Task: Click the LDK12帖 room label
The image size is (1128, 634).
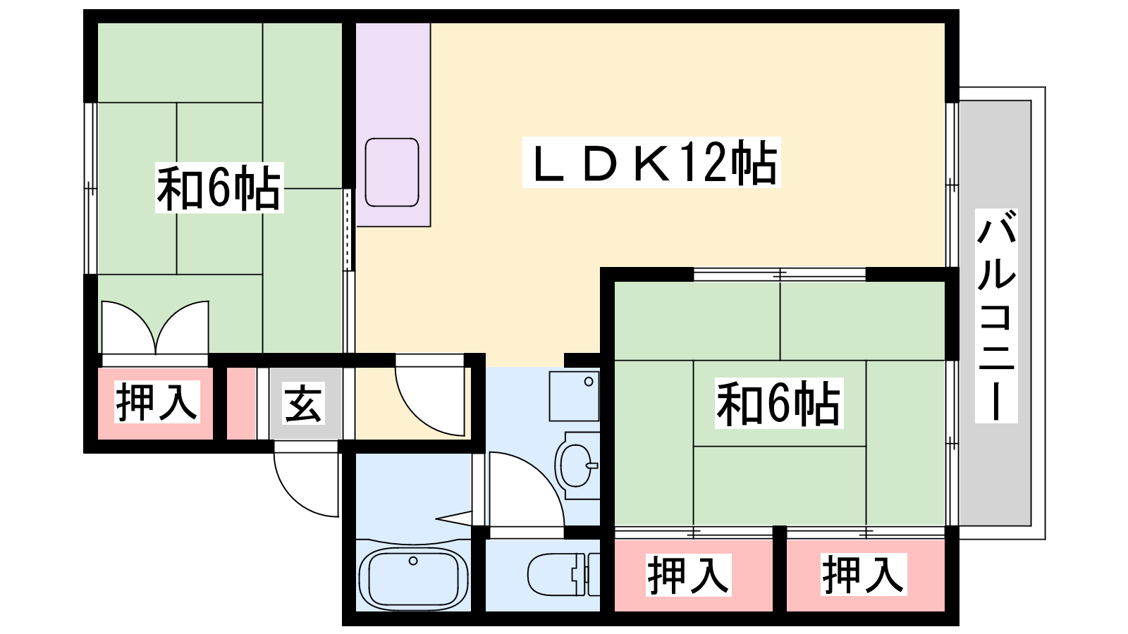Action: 651,162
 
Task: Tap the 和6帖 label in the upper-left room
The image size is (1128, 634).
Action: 219,187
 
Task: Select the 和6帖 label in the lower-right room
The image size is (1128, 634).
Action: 778,403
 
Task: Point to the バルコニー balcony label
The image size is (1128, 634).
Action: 996,316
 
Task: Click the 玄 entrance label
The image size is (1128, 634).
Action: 302,404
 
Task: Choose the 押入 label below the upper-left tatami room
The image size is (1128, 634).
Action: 157,402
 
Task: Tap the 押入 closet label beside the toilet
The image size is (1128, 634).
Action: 688,575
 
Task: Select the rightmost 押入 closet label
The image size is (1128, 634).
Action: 863,574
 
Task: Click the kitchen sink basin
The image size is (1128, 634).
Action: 392,172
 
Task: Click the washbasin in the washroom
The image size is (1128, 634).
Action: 577,466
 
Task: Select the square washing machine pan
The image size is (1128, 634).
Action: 574,396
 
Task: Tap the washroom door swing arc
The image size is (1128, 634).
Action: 527,489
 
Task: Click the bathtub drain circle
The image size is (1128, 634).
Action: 413,561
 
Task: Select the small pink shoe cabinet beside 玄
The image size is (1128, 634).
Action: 241,404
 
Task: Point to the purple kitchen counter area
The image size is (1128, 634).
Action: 393,125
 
